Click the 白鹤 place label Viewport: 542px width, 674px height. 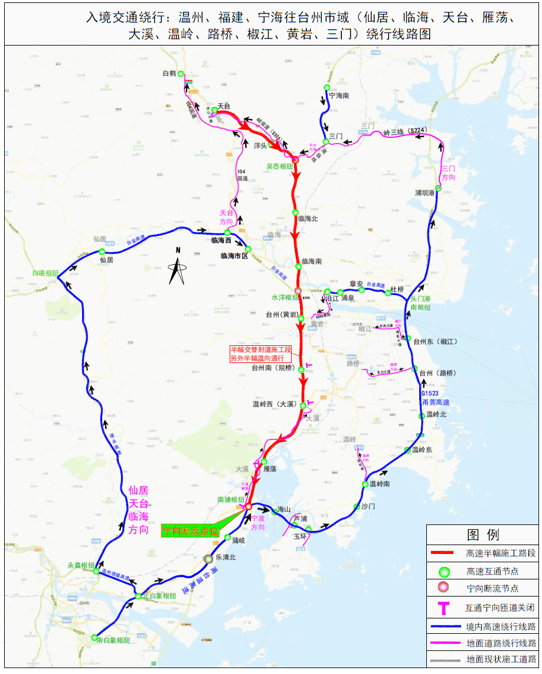[x=169, y=74]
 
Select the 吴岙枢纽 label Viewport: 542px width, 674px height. [x=280, y=167]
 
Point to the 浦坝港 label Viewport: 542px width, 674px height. [x=425, y=193]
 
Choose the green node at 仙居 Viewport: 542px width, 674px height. [x=102, y=252]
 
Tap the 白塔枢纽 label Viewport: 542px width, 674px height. [x=45, y=273]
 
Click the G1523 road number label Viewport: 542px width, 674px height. [x=431, y=393]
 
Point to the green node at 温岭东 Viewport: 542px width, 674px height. [x=407, y=451]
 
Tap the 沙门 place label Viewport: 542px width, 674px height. [x=368, y=507]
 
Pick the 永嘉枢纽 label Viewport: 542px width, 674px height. [x=81, y=565]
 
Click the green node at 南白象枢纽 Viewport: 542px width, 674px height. [x=94, y=637]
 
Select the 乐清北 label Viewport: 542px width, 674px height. [x=226, y=558]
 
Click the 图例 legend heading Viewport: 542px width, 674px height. [x=483, y=535]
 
